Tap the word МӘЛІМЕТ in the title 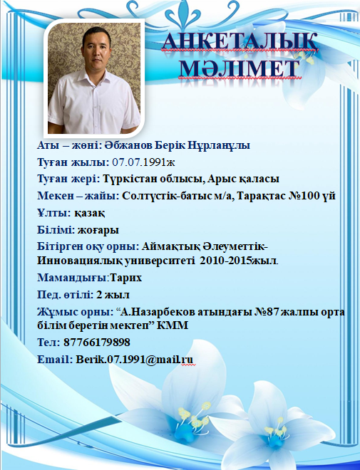tap(239, 68)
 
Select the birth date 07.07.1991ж tap(143, 162)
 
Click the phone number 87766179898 tap(97, 342)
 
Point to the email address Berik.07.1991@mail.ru tap(135, 359)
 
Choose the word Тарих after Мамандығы tap(125, 278)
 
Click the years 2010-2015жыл tap(238, 261)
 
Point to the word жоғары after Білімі tap(98, 230)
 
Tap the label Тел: tap(48, 342)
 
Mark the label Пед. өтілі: tap(65, 295)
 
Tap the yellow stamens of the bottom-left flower tap(193, 415)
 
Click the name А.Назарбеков tap(158, 312)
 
